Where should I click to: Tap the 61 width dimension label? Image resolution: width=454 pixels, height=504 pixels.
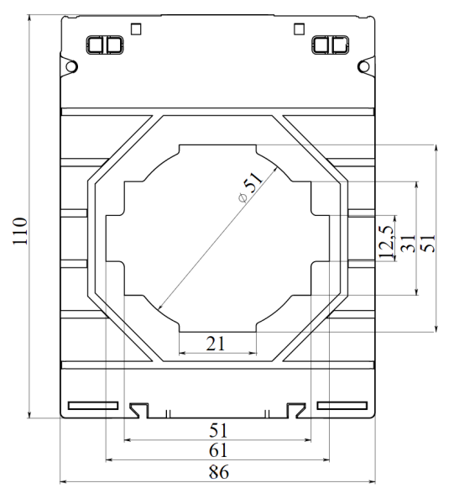(217, 451)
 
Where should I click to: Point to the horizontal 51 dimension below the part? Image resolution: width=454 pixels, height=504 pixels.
(217, 430)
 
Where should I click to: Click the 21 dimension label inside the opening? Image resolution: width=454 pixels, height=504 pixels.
(217, 342)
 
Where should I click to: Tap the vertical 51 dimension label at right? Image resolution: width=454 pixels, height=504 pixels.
(427, 242)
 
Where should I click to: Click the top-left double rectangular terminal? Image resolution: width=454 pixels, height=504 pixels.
(104, 44)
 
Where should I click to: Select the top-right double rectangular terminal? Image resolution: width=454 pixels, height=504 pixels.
(329, 44)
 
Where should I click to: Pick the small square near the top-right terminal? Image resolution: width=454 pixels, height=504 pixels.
(299, 27)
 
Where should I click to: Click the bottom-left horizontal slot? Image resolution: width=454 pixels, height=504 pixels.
(93, 407)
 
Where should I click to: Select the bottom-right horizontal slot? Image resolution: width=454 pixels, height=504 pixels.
(342, 407)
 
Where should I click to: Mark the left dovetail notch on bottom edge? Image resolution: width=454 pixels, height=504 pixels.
(139, 409)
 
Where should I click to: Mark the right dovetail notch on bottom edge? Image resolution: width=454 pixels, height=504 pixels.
(295, 409)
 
